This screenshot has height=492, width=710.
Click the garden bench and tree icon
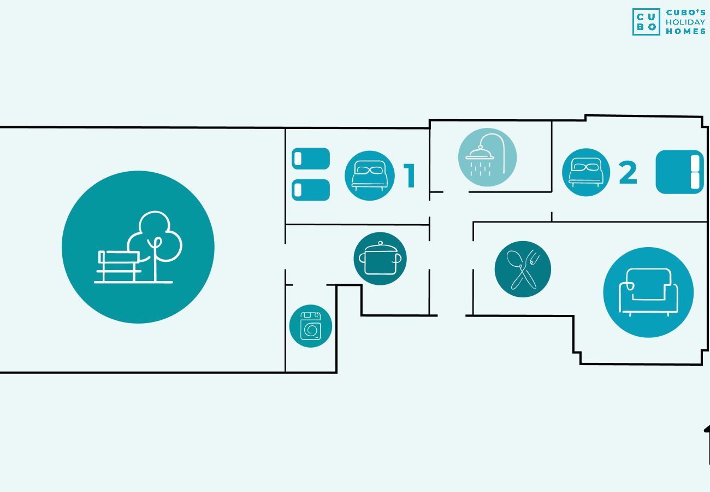click(138, 247)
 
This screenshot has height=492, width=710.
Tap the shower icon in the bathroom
click(487, 157)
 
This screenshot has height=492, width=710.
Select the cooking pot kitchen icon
click(380, 259)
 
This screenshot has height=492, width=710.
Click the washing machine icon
click(311, 326)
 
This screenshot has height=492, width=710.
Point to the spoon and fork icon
click(523, 269)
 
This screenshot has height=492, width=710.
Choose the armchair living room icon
click(648, 292)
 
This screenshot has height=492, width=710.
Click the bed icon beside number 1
click(370, 175)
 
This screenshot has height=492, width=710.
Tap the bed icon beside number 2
click(585, 172)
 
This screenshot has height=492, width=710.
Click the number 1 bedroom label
click(410, 175)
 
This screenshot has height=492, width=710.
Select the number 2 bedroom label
click(628, 172)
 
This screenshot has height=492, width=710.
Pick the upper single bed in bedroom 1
click(311, 159)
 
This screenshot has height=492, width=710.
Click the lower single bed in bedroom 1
click(311, 190)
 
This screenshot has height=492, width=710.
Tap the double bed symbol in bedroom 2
click(679, 172)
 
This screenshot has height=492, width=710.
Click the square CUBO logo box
click(646, 22)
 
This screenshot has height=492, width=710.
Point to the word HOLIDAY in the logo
click(685, 22)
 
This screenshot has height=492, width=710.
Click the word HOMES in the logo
click(685, 31)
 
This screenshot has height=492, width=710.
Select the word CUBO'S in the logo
click(685, 13)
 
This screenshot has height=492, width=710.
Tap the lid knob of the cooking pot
click(380, 243)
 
